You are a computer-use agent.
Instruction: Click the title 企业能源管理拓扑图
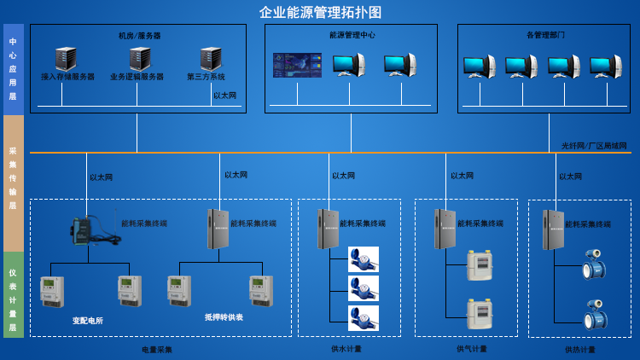click(x=320, y=12)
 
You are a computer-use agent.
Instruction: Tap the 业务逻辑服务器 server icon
click(x=139, y=59)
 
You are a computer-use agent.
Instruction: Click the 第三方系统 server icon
click(x=211, y=59)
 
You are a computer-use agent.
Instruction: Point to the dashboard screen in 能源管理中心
click(x=297, y=66)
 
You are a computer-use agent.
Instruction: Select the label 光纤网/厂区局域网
click(x=594, y=146)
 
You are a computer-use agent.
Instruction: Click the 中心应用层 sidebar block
click(x=13, y=69)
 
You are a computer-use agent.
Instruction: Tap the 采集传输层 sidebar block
click(x=13, y=183)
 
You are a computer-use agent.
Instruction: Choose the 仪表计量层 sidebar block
click(x=13, y=294)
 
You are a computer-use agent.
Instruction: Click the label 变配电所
click(x=87, y=321)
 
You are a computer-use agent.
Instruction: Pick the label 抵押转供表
click(x=224, y=316)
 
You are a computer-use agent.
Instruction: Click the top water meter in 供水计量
click(x=363, y=258)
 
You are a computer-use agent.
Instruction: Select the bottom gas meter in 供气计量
click(x=479, y=314)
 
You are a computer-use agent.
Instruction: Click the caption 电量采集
click(x=157, y=350)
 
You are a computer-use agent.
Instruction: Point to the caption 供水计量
click(x=346, y=349)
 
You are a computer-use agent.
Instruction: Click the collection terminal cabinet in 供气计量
click(x=445, y=229)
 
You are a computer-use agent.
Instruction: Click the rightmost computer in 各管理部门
click(x=605, y=67)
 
